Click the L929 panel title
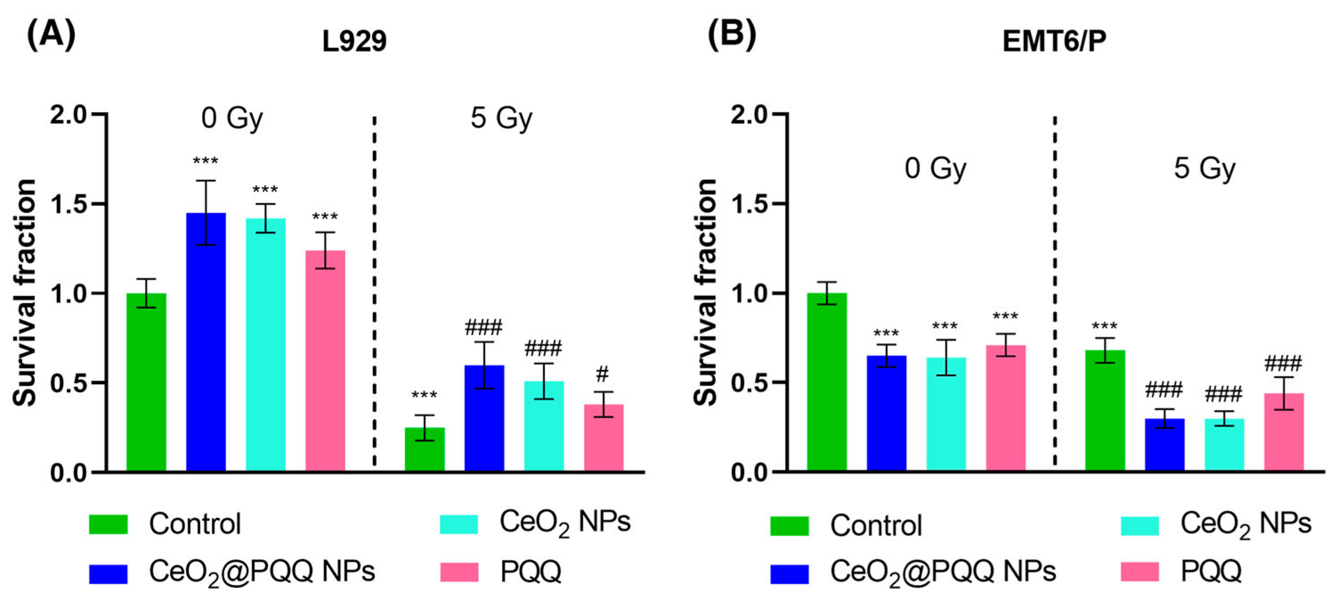(x=354, y=41)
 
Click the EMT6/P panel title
(x=1054, y=41)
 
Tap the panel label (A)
(x=51, y=35)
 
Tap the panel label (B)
(x=731, y=35)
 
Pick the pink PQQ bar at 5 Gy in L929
(x=603, y=438)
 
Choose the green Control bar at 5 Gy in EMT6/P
(x=1105, y=411)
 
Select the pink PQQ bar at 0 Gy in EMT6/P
(x=1006, y=408)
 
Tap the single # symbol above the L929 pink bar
(x=603, y=373)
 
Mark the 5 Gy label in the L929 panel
(x=502, y=118)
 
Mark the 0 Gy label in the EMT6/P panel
(x=935, y=169)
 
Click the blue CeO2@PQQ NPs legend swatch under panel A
(x=108, y=574)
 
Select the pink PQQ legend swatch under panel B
(x=1140, y=571)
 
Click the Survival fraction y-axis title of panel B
(x=706, y=292)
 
